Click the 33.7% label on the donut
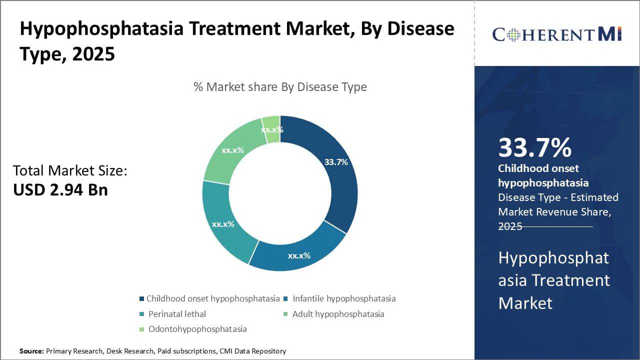[x=335, y=162]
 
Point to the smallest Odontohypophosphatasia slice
[x=271, y=129]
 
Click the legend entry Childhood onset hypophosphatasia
[x=212, y=298]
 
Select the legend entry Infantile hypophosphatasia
[x=344, y=298]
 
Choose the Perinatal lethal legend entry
[x=176, y=314]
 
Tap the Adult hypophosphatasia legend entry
[x=338, y=314]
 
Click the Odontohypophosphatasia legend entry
[x=196, y=329]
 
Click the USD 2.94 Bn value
[x=60, y=189]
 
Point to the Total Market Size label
[x=70, y=171]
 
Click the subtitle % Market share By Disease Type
[x=280, y=87]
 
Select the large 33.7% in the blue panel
[x=534, y=148]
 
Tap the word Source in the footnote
[x=31, y=351]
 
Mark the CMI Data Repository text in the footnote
[x=252, y=351]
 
